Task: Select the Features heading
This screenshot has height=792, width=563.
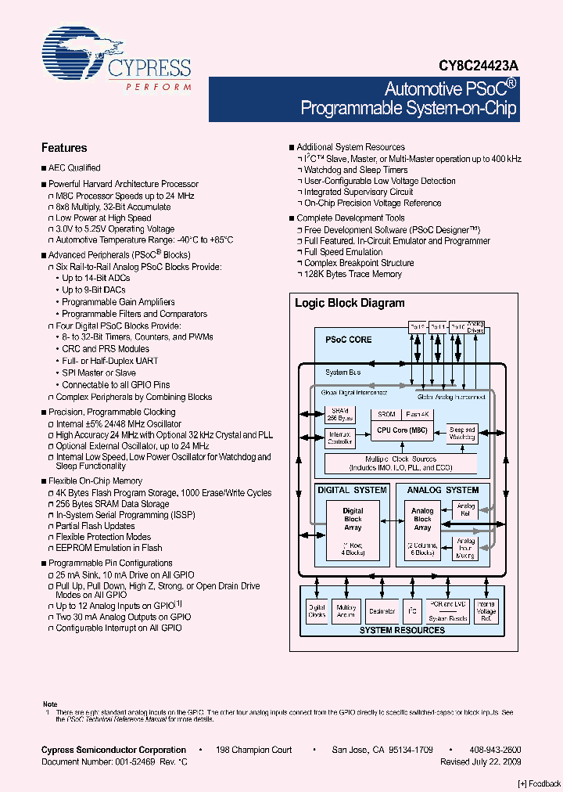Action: pos(64,148)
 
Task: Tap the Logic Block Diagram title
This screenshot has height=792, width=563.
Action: pos(350,303)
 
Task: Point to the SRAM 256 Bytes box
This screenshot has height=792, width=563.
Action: pos(339,415)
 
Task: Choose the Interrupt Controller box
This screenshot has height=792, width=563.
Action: pos(339,437)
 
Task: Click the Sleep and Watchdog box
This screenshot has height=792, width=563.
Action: pos(461,433)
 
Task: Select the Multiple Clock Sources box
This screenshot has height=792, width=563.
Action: pos(401,463)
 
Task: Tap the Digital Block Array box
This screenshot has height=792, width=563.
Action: pos(353,518)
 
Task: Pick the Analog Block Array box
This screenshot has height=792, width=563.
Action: pos(422,518)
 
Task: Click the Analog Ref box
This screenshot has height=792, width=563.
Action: pos(466,509)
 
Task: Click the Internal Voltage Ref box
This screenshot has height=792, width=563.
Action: pos(486,610)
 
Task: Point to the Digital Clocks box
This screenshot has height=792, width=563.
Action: pos(317,610)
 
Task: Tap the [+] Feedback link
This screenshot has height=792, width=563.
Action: pos(540,783)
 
